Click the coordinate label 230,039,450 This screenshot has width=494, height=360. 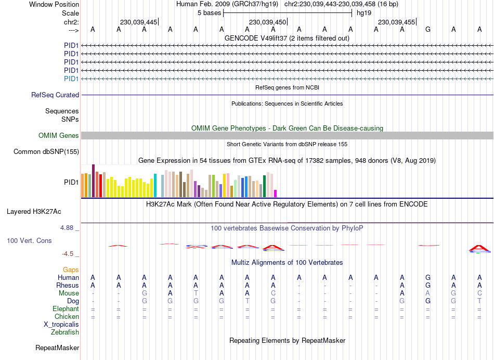[267, 22]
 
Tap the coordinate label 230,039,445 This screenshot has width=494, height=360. [138, 22]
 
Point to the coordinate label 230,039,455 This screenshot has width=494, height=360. [396, 22]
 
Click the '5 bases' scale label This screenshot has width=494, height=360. [209, 13]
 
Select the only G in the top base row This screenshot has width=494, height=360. [428, 29]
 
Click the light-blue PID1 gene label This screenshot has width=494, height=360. [71, 79]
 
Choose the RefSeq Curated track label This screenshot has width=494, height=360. [55, 95]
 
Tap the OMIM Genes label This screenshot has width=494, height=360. [59, 136]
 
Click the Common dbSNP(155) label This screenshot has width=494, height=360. [46, 152]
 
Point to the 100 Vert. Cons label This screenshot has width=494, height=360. [29, 241]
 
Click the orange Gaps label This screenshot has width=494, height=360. [71, 269]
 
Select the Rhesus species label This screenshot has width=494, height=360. [68, 286]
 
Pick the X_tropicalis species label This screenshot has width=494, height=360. [61, 325]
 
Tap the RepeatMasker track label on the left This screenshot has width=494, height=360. [57, 348]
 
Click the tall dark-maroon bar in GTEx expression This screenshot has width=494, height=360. [93, 181]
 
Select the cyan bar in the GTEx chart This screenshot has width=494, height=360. [155, 186]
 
